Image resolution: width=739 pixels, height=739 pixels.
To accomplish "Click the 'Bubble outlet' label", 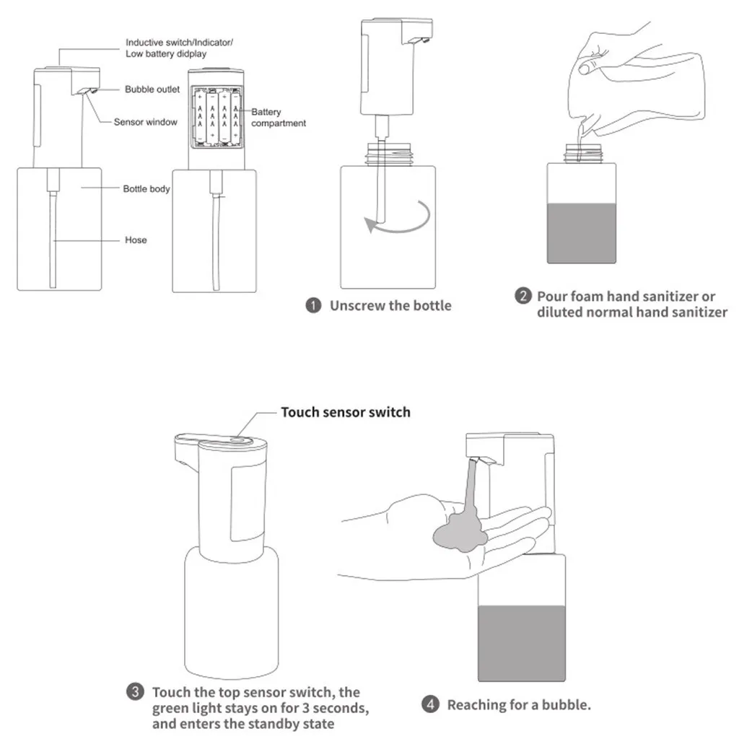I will pyautogui.click(x=152, y=89).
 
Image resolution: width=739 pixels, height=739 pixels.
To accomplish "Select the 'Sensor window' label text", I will pyautogui.click(x=145, y=122).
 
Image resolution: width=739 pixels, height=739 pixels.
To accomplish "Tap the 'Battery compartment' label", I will pyautogui.click(x=278, y=118).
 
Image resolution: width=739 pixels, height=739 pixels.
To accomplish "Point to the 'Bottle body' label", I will pyautogui.click(x=147, y=189).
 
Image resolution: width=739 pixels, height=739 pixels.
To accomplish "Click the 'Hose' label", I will pyautogui.click(x=136, y=240).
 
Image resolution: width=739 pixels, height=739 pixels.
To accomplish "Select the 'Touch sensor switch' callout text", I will pyautogui.click(x=345, y=412).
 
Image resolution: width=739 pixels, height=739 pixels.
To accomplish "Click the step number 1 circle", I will pyautogui.click(x=313, y=305).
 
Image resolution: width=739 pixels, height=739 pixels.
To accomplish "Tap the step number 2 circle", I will pyautogui.click(x=523, y=297).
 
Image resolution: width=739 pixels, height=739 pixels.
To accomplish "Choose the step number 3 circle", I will pyautogui.click(x=135, y=693).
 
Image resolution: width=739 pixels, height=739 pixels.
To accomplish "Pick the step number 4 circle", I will pyautogui.click(x=430, y=705).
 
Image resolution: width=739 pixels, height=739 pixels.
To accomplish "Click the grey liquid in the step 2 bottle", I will pyautogui.click(x=582, y=233).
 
